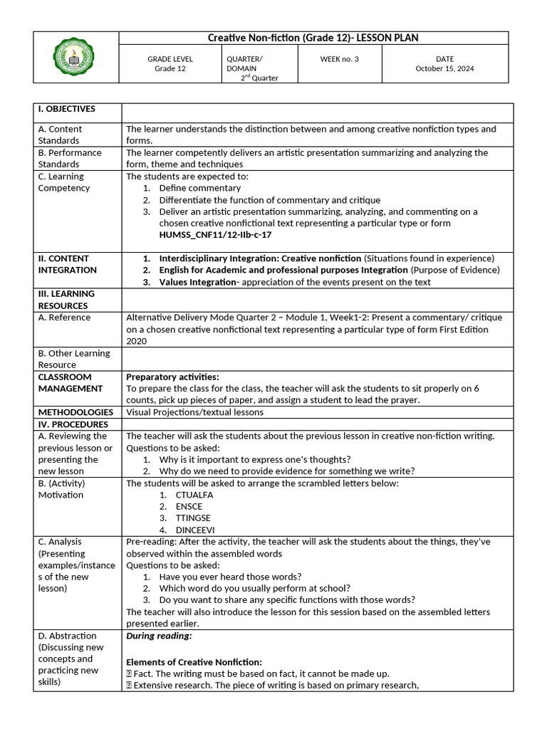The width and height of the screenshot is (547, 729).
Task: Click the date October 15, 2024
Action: click(x=444, y=69)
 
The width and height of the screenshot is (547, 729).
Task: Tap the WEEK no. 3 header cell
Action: click(x=340, y=59)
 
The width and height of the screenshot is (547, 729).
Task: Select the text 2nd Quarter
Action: click(x=259, y=78)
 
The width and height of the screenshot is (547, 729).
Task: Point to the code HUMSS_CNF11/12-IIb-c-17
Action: click(x=215, y=234)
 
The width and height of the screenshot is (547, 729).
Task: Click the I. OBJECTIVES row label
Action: click(x=67, y=109)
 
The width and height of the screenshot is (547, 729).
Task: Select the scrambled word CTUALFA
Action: click(x=194, y=495)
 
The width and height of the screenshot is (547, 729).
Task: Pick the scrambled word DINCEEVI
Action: click(x=194, y=530)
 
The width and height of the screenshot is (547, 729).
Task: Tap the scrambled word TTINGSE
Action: click(x=193, y=518)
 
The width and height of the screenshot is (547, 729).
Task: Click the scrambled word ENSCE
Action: click(x=189, y=506)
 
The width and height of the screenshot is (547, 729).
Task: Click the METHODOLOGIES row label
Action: click(x=75, y=411)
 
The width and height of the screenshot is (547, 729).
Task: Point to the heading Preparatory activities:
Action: click(x=172, y=377)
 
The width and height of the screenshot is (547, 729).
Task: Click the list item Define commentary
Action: click(x=200, y=188)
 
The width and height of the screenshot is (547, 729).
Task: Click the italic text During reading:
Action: click(x=159, y=636)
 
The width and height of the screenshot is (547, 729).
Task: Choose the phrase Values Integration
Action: click(x=197, y=282)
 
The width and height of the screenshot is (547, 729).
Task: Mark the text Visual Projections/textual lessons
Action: click(x=194, y=411)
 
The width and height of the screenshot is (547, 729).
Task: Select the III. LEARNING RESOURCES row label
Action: click(x=66, y=300)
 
